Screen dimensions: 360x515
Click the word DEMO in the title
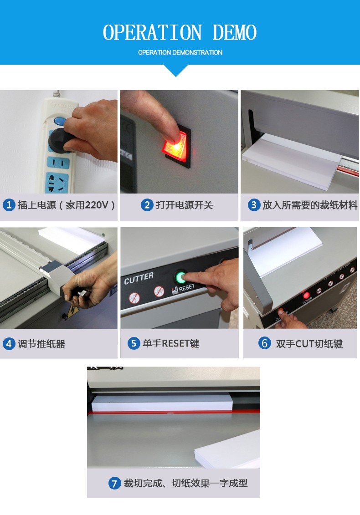tap(234, 32)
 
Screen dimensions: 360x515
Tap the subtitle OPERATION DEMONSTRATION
tap(180, 52)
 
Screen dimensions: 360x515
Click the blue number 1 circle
tap(9, 205)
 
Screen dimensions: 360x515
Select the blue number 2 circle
tap(147, 205)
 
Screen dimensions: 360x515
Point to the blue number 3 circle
tap(254, 205)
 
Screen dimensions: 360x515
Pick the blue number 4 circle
tap(9, 344)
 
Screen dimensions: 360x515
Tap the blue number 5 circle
tap(134, 343)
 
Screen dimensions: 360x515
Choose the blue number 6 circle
tap(265, 343)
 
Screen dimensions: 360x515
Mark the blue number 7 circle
tap(114, 483)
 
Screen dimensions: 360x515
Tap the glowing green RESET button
tap(180, 278)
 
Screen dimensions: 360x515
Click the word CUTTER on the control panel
tap(139, 278)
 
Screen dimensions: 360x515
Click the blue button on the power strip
tap(60, 121)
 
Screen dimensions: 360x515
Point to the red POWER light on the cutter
tap(306, 295)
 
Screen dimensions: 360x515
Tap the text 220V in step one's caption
tap(97, 205)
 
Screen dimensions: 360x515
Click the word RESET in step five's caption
tap(170, 343)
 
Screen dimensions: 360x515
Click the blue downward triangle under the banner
tap(176, 70)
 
